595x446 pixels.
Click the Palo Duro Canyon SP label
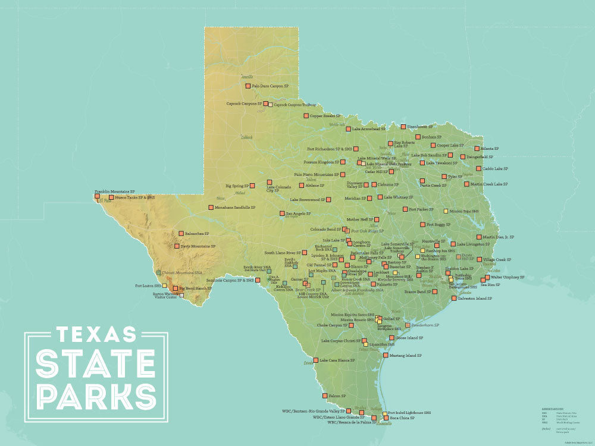271,86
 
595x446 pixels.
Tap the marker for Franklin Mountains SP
98,195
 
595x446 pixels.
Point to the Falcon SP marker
325,395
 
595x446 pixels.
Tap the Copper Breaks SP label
325,116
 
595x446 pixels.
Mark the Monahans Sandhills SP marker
211,208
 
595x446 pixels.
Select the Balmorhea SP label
197,234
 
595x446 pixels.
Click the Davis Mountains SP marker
177,246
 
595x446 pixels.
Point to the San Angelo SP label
299,213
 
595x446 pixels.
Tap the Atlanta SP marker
477,149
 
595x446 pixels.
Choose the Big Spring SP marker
252,186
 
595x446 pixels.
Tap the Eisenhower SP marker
403,127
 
